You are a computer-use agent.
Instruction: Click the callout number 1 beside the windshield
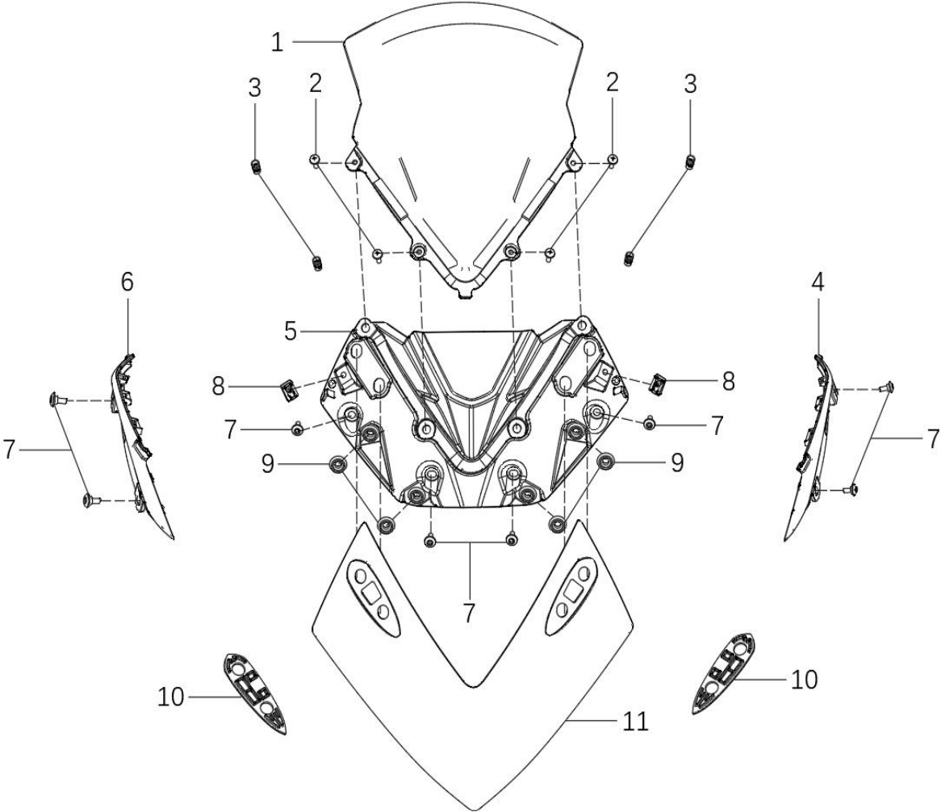[277, 43]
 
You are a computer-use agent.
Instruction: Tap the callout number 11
[635, 721]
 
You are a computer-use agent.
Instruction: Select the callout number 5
[291, 331]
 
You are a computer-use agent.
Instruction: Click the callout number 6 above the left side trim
[128, 282]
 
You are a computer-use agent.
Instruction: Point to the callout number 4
[818, 282]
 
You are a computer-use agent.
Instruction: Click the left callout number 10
[171, 697]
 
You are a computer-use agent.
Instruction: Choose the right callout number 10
[804, 680]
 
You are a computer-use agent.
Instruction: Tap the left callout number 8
[218, 387]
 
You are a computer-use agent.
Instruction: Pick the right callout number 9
[677, 463]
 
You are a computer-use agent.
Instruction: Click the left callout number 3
[255, 88]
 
